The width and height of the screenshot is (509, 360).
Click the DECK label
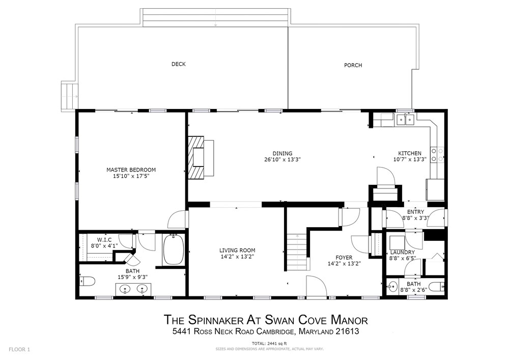[178, 64]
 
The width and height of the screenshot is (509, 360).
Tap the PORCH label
[353, 65]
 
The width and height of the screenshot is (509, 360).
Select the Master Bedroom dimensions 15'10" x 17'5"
[131, 176]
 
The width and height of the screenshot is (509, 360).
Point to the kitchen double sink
[405, 120]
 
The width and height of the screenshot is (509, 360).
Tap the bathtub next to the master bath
[174, 250]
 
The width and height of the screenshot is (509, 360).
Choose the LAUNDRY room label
[403, 252]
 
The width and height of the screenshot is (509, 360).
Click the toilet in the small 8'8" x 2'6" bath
[436, 287]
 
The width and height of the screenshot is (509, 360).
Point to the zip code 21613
[348, 332]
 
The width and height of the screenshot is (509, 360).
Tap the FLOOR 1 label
[19, 349]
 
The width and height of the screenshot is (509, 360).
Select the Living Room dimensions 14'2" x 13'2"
[237, 257]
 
